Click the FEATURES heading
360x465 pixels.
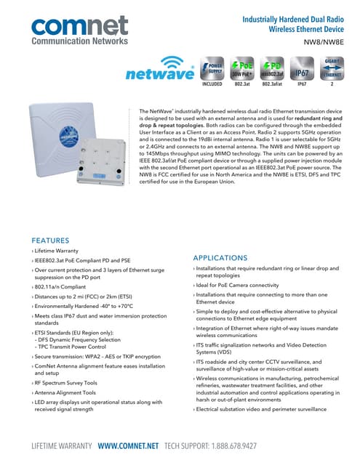point(51,240)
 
